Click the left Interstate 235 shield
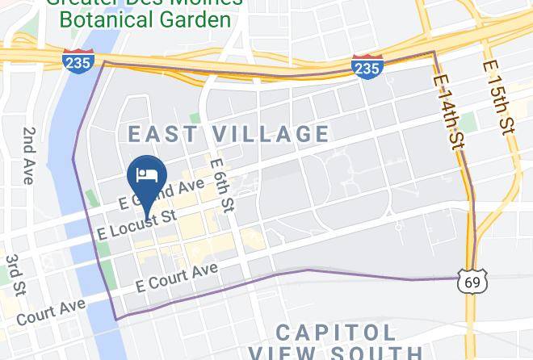[79, 61]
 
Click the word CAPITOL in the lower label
[336, 332]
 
